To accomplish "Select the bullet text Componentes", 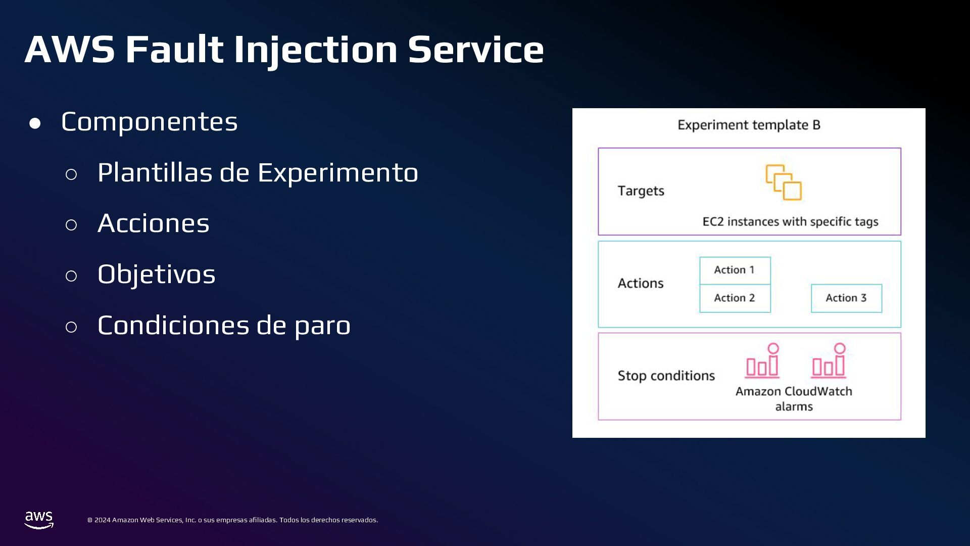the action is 149,122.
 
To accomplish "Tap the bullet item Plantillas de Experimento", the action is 258,172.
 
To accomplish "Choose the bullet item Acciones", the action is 153,223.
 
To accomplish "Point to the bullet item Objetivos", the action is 156,275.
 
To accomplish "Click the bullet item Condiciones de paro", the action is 224,325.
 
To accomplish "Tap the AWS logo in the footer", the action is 39,520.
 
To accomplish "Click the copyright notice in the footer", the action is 232,520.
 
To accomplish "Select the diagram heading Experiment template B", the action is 749,125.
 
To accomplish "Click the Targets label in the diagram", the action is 641,191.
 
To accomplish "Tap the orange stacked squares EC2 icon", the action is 784,183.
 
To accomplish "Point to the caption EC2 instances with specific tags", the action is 790,221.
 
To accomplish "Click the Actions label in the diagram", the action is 641,283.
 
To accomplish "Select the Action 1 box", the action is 735,270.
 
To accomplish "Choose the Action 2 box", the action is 735,298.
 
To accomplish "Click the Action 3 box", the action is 846,298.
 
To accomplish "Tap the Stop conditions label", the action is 666,376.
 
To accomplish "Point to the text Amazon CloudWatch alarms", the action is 794,398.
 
